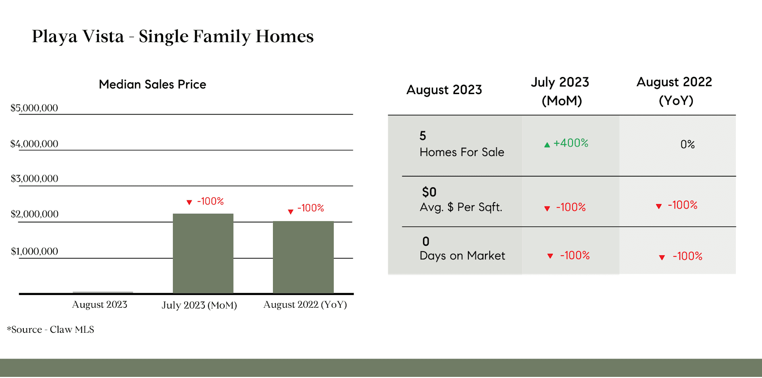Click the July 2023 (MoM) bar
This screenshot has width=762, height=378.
click(203, 253)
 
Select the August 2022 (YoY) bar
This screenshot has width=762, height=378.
click(303, 257)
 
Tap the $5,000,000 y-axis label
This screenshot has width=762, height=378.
click(34, 108)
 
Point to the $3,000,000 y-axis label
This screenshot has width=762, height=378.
click(35, 179)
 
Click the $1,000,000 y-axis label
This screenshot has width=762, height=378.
click(35, 251)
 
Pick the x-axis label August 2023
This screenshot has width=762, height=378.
click(100, 305)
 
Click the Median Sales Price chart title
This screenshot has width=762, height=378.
click(152, 84)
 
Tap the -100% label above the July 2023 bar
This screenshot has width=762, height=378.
click(210, 201)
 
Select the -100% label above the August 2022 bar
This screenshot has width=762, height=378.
click(311, 208)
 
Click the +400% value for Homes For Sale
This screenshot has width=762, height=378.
click(571, 143)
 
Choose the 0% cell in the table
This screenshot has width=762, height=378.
click(688, 145)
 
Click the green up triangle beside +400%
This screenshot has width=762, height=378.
click(547, 145)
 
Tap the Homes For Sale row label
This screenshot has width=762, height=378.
click(462, 152)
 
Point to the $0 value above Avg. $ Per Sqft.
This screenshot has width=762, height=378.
click(429, 192)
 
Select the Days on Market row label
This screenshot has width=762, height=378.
click(462, 256)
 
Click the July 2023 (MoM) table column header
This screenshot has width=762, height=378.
click(560, 91)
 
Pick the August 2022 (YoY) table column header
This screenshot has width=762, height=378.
click(675, 91)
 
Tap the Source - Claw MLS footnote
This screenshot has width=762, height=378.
click(50, 330)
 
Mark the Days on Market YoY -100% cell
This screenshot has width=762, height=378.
click(687, 256)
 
